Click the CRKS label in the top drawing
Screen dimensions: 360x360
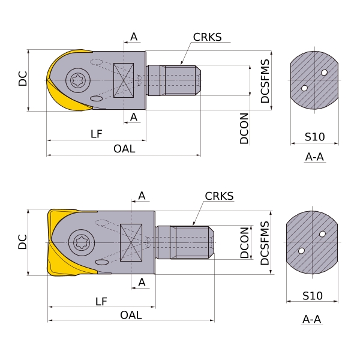click(207, 37)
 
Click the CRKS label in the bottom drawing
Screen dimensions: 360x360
click(219, 196)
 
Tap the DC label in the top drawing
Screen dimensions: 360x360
click(23, 79)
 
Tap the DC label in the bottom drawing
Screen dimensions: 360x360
click(22, 242)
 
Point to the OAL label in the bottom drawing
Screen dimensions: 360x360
click(131, 315)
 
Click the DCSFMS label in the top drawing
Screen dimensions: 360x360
click(265, 81)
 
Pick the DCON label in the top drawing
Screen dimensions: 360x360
click(244, 128)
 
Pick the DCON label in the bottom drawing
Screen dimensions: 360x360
click(244, 242)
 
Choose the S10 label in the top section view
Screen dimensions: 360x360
click(314, 137)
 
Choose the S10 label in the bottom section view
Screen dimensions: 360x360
click(312, 296)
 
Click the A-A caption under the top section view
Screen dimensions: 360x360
click(314, 157)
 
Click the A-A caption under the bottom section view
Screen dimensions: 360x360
click(312, 319)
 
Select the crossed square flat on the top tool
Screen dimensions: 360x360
click(123, 80)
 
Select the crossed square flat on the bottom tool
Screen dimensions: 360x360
click(131, 242)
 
